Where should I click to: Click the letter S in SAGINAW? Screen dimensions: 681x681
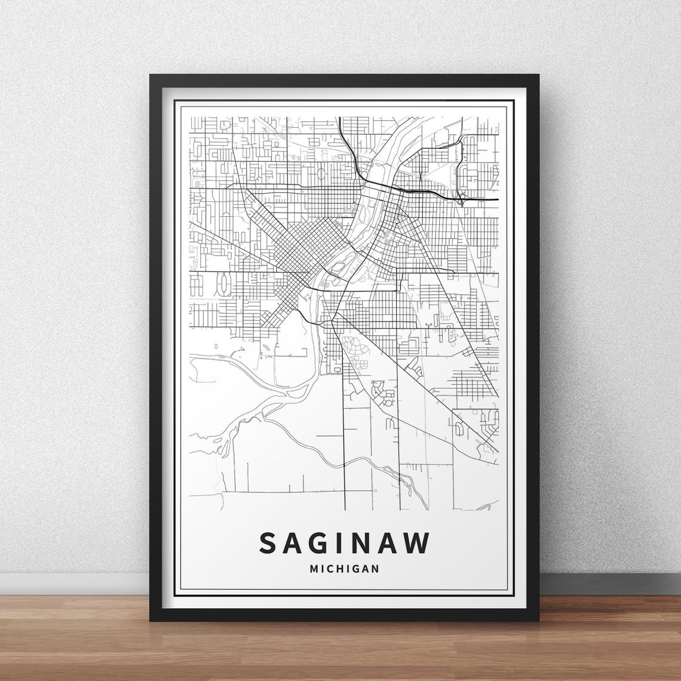(x=268, y=542)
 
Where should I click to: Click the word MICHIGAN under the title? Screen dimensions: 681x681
(x=345, y=569)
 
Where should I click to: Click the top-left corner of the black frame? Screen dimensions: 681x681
(x=151, y=76)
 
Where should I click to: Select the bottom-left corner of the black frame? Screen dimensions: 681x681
(x=151, y=620)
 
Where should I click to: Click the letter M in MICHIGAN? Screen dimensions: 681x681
(x=314, y=569)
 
